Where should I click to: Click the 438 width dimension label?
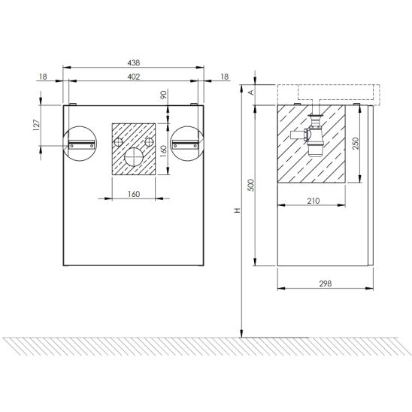(134, 63)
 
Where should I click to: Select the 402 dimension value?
(134, 77)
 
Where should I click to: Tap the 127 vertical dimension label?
(36, 125)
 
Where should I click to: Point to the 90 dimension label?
(163, 95)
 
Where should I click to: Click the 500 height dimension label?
(251, 185)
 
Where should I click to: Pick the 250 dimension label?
(356, 144)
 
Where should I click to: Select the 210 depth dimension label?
(314, 201)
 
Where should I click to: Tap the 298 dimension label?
(326, 283)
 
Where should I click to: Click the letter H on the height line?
(238, 211)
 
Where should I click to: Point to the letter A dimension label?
(251, 92)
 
